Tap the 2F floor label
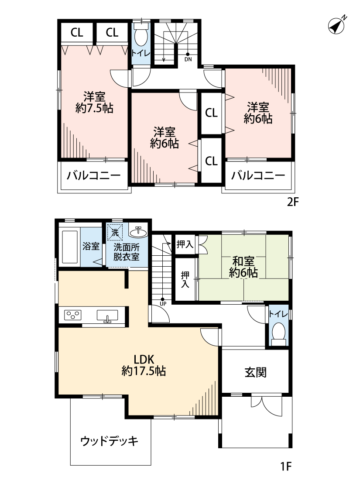coord(293,202)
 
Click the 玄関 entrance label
coord(255,372)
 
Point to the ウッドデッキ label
coord(110,441)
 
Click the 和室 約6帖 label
coord(243,267)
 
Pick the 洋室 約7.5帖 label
coord(94,102)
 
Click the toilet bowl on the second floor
coord(141,37)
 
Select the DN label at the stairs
coord(188,59)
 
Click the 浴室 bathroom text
coord(91,246)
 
